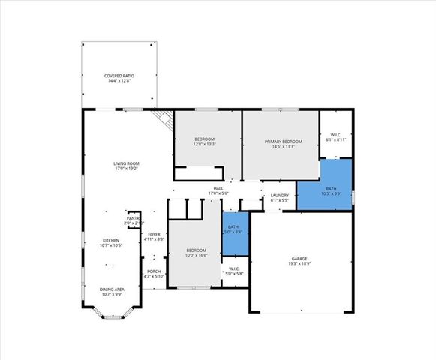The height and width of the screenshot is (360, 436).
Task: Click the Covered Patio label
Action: click(119, 76)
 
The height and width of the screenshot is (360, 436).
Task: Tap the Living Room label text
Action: click(126, 163)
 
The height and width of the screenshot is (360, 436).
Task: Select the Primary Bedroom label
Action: click(283, 142)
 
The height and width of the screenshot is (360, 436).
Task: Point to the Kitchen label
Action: click(110, 241)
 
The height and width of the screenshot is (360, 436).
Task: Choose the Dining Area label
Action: click(113, 289)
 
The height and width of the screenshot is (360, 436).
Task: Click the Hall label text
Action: click(218, 189)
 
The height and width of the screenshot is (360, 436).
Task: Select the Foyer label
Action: click(153, 234)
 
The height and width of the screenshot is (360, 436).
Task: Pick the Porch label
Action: click(153, 271)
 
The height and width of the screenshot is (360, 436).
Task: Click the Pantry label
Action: click(132, 218)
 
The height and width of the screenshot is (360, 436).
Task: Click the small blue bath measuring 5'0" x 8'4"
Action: click(233, 229)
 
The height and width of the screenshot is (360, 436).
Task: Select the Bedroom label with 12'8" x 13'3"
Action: click(205, 139)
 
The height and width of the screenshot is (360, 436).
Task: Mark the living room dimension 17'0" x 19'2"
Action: click(126, 169)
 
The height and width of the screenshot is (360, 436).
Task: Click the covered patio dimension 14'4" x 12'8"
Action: click(119, 82)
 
